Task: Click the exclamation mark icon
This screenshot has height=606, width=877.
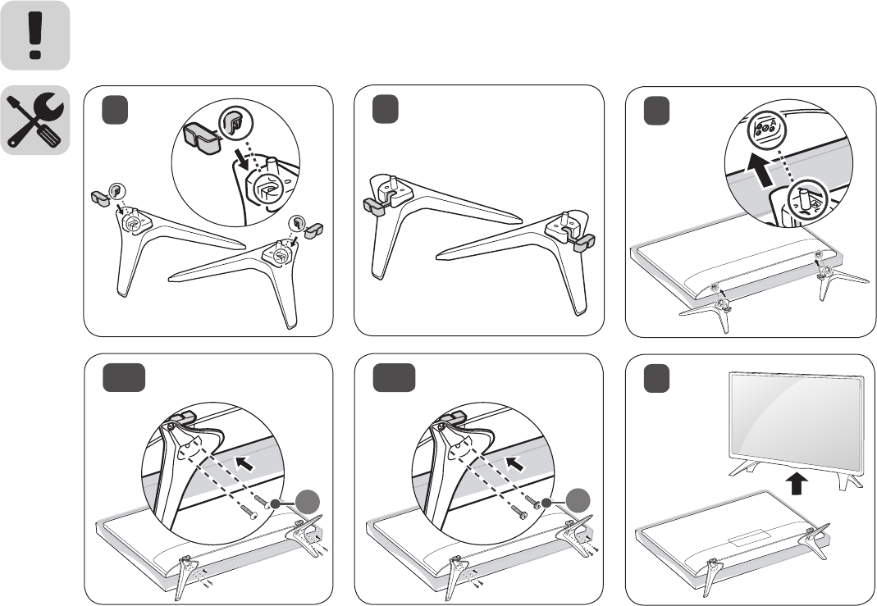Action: [35, 35]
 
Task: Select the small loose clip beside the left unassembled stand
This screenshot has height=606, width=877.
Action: [100, 197]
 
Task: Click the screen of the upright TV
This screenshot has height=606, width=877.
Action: [796, 419]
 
